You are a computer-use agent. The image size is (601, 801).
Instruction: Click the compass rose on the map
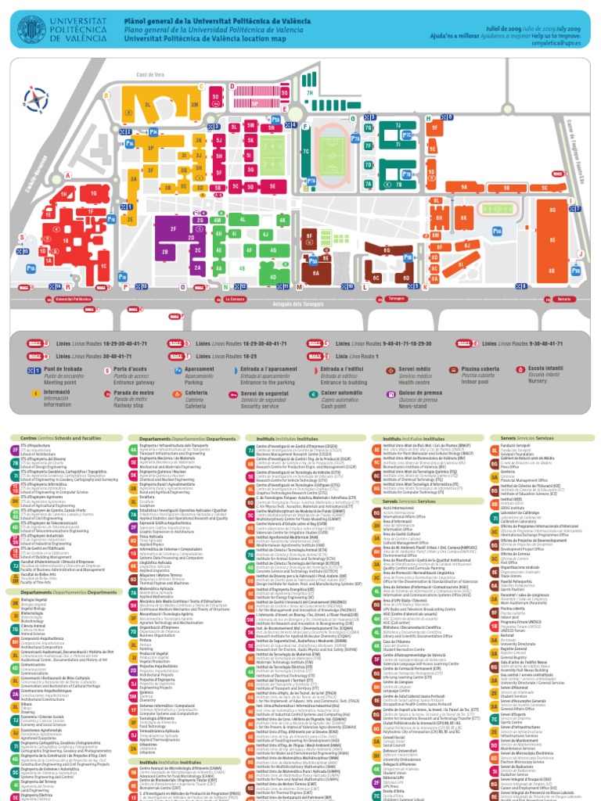[34, 99]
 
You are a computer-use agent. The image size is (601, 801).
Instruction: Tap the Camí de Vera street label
[149, 74]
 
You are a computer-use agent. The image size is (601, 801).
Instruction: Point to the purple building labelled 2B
[165, 252]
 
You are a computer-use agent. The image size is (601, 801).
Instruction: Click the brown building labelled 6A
[316, 274]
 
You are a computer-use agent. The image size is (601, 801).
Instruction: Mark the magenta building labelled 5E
[272, 187]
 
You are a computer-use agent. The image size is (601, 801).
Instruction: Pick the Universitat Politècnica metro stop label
[74, 300]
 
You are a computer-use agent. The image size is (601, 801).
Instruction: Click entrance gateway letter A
[67, 175]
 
